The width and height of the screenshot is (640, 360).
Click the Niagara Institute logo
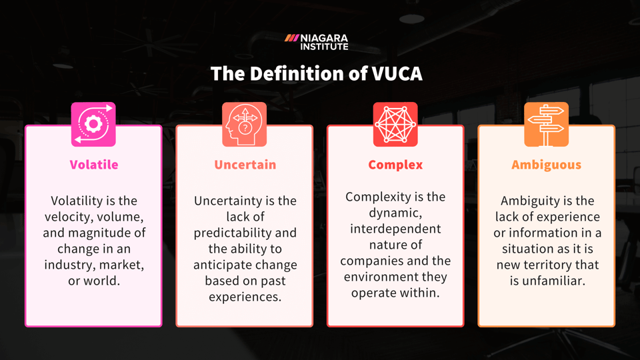point(317,42)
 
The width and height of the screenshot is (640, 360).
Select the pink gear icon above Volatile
point(93,124)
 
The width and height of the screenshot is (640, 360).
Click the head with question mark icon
point(244,124)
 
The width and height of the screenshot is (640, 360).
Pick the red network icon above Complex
point(395,124)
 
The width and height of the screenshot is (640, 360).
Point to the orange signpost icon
point(546,124)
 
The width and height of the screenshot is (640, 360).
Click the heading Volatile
point(93,165)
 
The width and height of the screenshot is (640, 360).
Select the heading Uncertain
point(245,165)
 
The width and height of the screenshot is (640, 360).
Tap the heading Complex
point(395,165)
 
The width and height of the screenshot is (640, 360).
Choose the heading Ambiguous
point(546,165)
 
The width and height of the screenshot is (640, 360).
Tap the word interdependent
point(395,229)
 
